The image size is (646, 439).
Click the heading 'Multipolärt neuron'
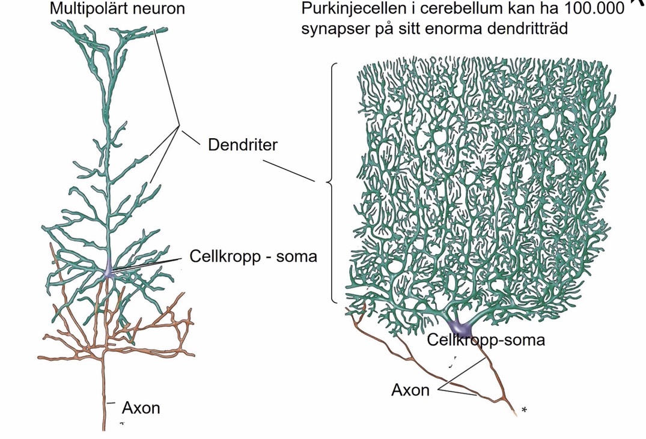click(x=117, y=9)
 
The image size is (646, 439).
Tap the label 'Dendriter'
click(x=242, y=145)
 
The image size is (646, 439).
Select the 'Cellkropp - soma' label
click(x=253, y=256)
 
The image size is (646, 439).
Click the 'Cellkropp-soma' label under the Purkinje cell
click(x=486, y=341)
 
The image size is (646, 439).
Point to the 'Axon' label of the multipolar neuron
click(x=141, y=408)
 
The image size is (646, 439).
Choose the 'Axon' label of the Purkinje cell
click(x=410, y=390)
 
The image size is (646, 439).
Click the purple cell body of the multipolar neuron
click(x=108, y=271)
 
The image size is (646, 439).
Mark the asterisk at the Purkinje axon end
click(x=525, y=410)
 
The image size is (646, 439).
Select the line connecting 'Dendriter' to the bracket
click(x=294, y=171)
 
